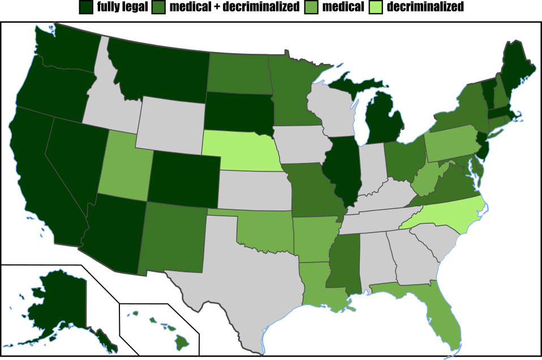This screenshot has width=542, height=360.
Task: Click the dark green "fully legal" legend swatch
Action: [x=87, y=7]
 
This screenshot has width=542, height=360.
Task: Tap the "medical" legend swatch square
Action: [x=313, y=7]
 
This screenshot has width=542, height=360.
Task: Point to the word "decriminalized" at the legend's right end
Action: [x=425, y=7]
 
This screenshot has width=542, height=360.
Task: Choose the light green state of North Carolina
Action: [x=453, y=216]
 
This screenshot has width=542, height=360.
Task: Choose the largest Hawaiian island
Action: [x=181, y=342]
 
